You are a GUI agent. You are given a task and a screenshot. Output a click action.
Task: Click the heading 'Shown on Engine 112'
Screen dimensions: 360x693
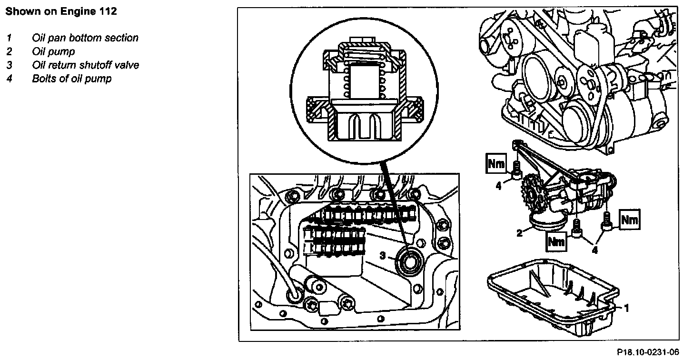tap(60, 12)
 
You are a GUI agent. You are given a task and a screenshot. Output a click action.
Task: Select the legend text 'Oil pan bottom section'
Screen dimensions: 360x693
tap(85, 38)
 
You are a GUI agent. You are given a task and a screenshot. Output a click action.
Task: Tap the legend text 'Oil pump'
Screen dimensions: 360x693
tap(53, 51)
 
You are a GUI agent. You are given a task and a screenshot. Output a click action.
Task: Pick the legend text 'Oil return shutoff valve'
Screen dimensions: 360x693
tap(86, 65)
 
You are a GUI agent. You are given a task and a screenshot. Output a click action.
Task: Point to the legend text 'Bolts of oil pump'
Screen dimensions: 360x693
tap(71, 79)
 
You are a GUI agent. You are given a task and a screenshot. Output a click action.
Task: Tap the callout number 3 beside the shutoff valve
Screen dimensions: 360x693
tap(383, 256)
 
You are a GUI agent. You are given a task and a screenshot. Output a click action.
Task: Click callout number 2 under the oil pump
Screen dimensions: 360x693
tap(520, 233)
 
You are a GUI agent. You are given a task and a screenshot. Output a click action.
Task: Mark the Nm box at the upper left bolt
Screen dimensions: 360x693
tap(496, 164)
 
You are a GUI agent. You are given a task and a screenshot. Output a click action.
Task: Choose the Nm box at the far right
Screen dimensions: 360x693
tap(629, 220)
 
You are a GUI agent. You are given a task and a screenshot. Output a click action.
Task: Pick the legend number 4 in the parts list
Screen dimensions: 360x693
tap(9, 79)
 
